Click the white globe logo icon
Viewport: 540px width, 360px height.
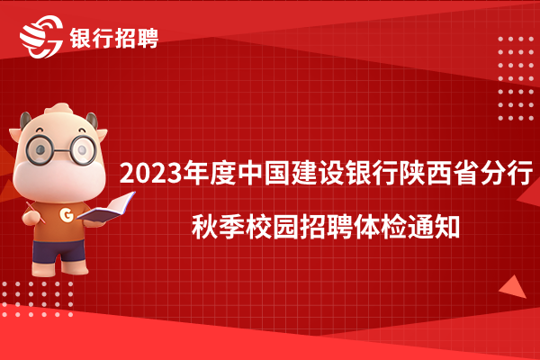pyautogui.click(x=41, y=37)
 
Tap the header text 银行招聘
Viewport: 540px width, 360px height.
pyautogui.click(x=114, y=38)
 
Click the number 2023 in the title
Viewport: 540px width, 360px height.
pyautogui.click(x=151, y=174)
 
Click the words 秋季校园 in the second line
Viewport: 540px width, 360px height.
pyautogui.click(x=245, y=228)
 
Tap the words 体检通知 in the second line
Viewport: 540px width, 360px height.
pyautogui.click(x=407, y=228)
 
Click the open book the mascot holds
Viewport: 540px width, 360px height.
pyautogui.click(x=107, y=207)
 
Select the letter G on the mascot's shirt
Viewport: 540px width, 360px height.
pyautogui.click(x=67, y=214)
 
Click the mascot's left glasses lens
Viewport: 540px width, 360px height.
pyautogui.click(x=40, y=150)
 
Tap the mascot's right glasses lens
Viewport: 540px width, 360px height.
pyautogui.click(x=83, y=150)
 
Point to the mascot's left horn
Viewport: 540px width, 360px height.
pyautogui.click(x=25, y=121)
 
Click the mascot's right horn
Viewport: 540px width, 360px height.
pyautogui.click(x=92, y=121)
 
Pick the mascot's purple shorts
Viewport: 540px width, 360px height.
pyautogui.click(x=58, y=251)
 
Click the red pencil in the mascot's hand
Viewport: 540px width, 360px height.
pyautogui.click(x=35, y=211)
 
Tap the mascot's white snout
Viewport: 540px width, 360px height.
pyautogui.click(x=59, y=182)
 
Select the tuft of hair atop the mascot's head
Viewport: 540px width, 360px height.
pyautogui.click(x=59, y=109)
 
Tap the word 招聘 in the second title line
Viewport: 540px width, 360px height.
pyautogui.click(x=326, y=228)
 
